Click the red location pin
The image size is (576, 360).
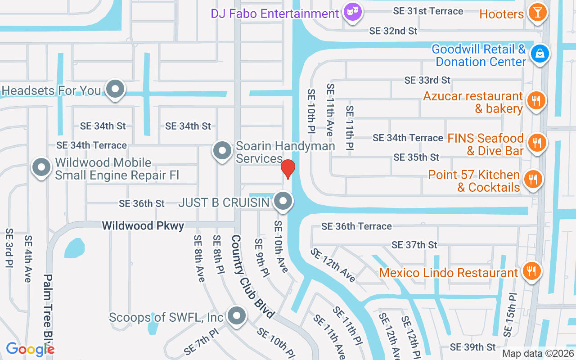point(288,169)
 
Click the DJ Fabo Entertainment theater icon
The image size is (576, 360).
point(352,12)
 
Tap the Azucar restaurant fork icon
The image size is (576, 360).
point(535,100)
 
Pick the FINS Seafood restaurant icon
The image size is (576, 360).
point(536,143)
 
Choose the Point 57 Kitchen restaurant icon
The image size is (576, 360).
point(533,180)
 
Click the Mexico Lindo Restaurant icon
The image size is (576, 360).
point(531,271)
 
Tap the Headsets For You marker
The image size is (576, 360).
point(116,89)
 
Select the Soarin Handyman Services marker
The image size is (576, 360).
point(222,150)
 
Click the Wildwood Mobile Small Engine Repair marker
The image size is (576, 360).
point(41,167)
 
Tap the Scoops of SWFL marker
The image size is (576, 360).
point(236,316)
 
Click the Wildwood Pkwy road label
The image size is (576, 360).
point(143,225)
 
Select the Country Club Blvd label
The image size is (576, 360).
point(252,276)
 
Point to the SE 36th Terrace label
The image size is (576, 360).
point(356,226)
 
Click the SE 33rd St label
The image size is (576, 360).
point(427,80)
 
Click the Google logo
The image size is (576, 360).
point(30,349)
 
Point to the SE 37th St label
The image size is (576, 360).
point(414,245)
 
